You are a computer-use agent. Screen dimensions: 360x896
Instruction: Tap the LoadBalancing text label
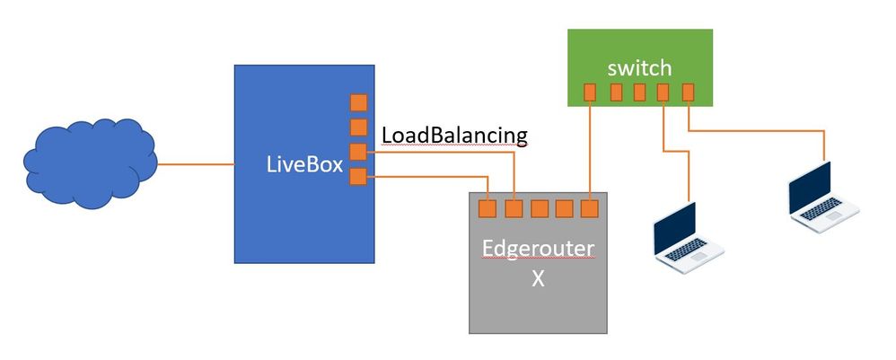click(454, 135)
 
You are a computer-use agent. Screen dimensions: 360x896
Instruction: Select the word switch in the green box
click(639, 68)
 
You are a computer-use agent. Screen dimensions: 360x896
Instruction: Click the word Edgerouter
click(539, 249)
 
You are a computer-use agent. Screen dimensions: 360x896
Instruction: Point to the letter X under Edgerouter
click(539, 277)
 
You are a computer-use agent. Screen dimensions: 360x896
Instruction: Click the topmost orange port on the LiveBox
click(358, 102)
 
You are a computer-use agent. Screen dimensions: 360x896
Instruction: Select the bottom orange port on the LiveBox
click(358, 176)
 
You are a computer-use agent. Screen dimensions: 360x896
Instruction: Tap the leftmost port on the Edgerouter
click(488, 209)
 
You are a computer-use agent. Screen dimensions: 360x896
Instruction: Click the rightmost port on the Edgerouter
click(589, 209)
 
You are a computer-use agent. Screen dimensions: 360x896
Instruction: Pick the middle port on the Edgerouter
click(539, 209)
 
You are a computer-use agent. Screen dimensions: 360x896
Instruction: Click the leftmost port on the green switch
click(590, 92)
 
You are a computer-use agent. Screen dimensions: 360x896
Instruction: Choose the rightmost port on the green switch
click(689, 92)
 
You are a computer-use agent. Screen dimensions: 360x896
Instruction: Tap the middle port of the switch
click(640, 92)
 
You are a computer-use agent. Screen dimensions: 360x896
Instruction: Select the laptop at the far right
click(821, 196)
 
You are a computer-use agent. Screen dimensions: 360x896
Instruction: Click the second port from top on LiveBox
click(358, 127)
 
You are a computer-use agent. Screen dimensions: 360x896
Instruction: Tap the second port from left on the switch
click(617, 92)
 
